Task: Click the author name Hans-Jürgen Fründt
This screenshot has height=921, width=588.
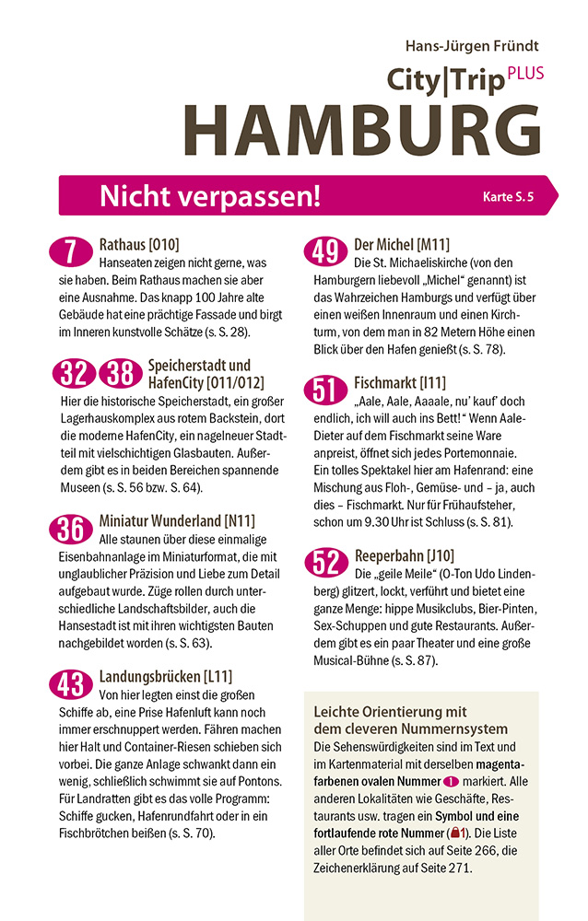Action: pyautogui.click(x=472, y=45)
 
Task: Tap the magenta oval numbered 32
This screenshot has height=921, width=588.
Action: pyautogui.click(x=73, y=373)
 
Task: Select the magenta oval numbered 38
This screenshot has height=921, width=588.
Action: pyautogui.click(x=118, y=373)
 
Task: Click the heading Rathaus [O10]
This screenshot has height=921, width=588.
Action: pyautogui.click(x=138, y=245)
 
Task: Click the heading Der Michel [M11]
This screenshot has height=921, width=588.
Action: pyautogui.click(x=402, y=245)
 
